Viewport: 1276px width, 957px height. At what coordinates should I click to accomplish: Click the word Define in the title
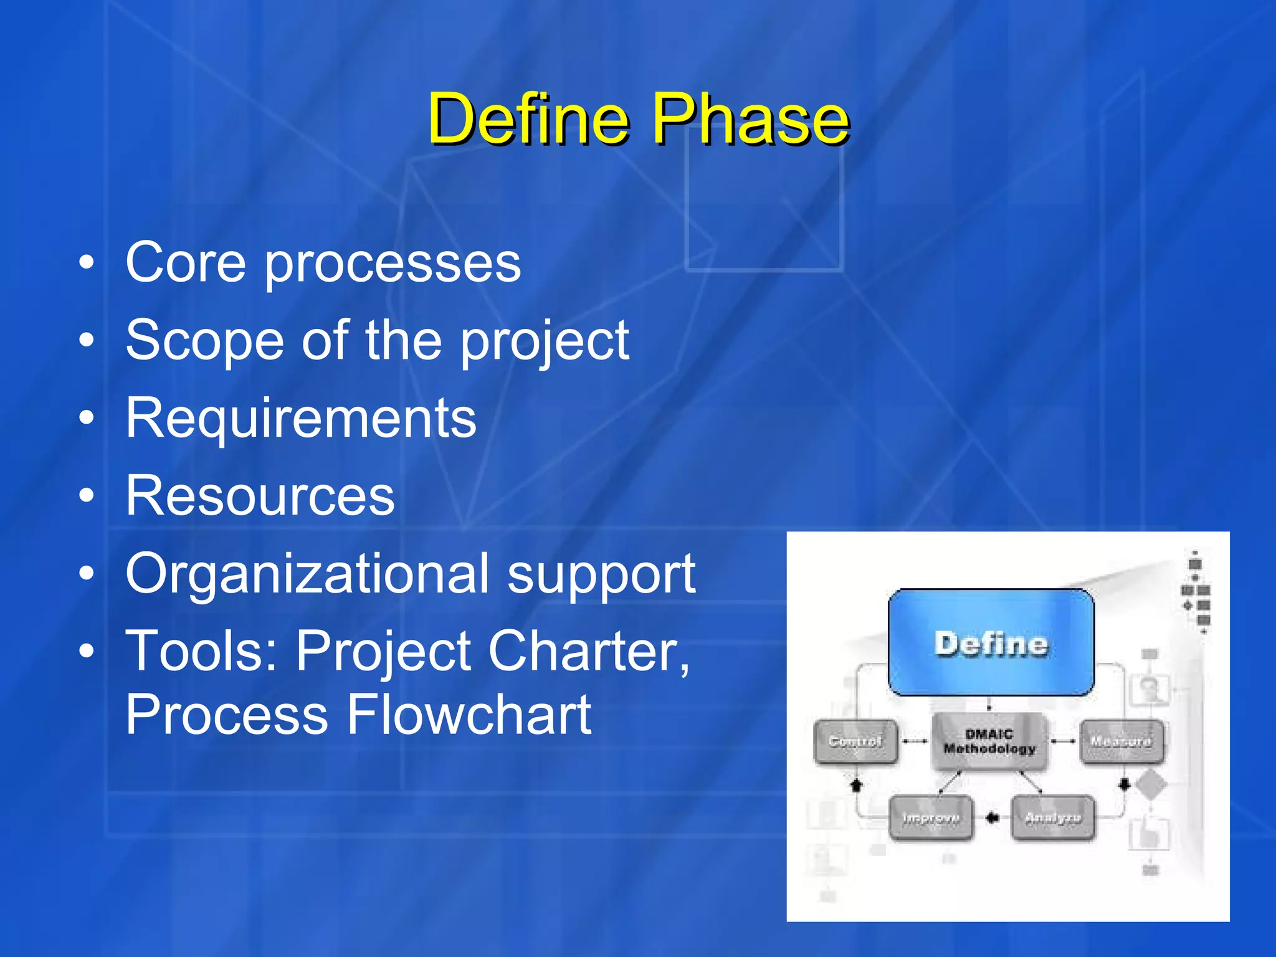(528, 118)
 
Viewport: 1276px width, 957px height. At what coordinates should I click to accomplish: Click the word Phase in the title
(750, 118)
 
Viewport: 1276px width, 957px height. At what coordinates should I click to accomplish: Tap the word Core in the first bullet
(186, 263)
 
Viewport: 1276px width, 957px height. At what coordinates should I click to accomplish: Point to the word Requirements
(301, 419)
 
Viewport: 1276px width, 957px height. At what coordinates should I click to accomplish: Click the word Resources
(260, 496)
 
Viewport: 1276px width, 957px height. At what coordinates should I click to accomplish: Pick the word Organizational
(308, 574)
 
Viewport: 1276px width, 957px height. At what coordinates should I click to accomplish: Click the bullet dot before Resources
(87, 497)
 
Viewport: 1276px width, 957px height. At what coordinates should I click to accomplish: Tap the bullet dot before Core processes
(87, 263)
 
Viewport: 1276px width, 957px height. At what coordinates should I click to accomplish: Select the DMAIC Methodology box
(989, 741)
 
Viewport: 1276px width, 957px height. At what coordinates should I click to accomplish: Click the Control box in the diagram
(855, 741)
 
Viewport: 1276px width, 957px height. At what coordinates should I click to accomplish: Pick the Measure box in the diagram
(1121, 741)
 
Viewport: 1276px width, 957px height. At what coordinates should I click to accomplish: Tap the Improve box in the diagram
(930, 818)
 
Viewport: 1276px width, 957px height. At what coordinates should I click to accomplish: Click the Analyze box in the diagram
(1052, 818)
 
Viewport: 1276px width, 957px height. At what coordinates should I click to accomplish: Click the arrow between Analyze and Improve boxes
(992, 818)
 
